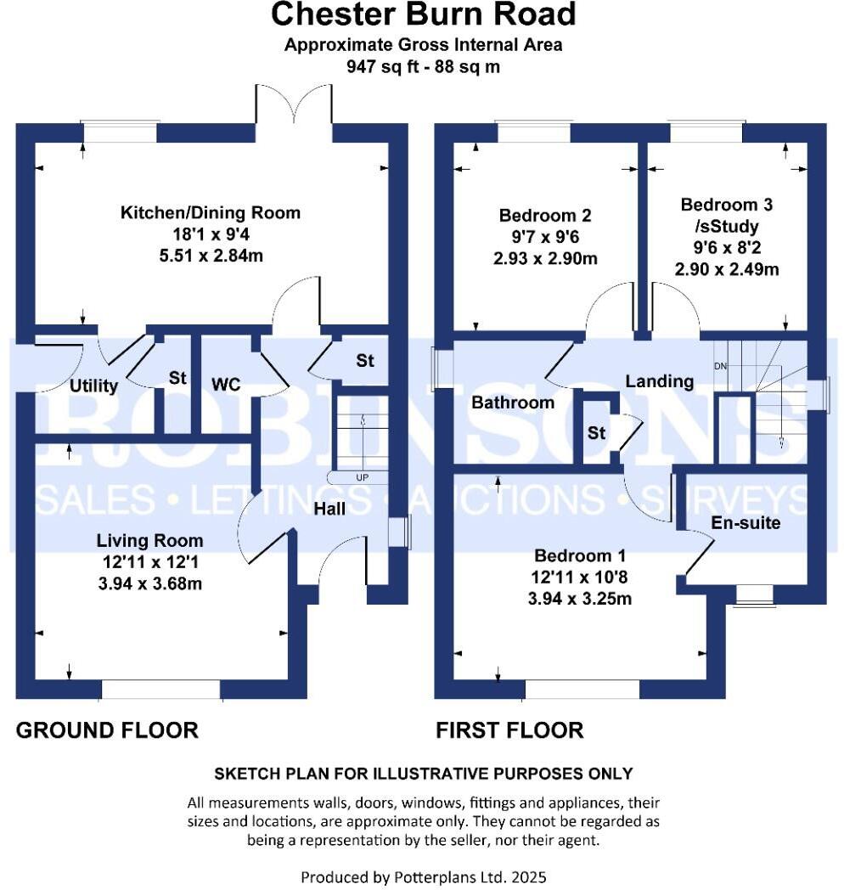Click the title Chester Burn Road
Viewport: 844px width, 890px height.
point(423,14)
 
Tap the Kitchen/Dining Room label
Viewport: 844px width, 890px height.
point(210,213)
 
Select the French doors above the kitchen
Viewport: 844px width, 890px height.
point(293,105)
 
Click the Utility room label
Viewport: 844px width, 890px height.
point(93,386)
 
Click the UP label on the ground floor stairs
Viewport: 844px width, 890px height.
point(362,477)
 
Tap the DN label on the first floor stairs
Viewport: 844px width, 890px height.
point(720,366)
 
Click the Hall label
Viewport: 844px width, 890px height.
point(329,508)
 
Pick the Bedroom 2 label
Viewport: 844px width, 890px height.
point(544,216)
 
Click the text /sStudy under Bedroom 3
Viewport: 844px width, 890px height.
point(727,228)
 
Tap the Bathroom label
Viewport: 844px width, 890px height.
point(513,403)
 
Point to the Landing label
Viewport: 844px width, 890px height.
point(659,381)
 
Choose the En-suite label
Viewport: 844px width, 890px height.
point(746,523)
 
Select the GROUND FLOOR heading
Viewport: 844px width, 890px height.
point(107,730)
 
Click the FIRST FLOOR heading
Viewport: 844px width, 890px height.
point(509,730)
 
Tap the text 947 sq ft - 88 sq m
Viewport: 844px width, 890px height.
point(423,66)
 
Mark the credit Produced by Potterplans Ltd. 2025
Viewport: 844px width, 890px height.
point(423,876)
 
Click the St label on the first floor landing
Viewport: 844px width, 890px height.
point(596,434)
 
